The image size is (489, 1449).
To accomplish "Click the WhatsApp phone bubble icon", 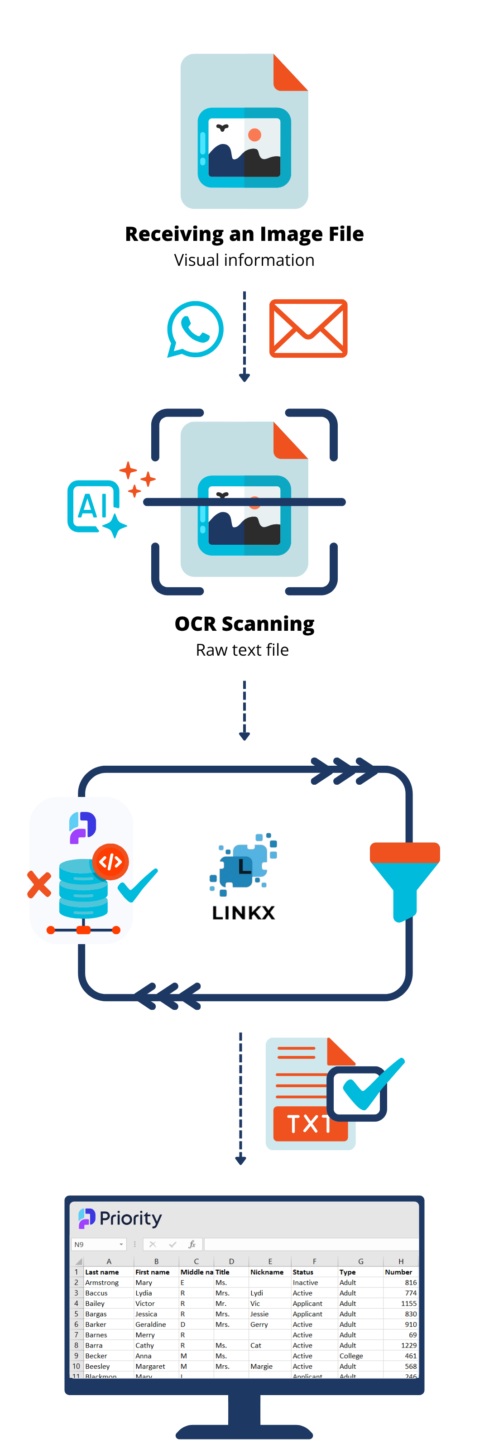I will pyautogui.click(x=195, y=329).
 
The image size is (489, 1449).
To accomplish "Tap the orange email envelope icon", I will pyautogui.click(x=308, y=328).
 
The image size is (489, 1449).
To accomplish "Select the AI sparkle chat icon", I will pyautogui.click(x=96, y=506).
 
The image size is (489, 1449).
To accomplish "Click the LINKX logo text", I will pyautogui.click(x=244, y=912).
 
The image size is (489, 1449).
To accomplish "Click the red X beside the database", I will pyautogui.click(x=39, y=884).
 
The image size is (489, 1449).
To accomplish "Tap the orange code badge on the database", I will pyautogui.click(x=110, y=861).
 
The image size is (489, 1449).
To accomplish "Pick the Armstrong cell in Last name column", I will pyautogui.click(x=102, y=1282).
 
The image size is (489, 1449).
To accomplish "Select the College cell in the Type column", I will pyautogui.click(x=351, y=1356).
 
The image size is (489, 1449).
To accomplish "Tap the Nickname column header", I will pyautogui.click(x=267, y=1272).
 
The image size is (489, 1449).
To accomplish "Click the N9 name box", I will pyautogui.click(x=96, y=1244).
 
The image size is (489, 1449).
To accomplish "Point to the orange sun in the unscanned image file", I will pyautogui.click(x=254, y=135).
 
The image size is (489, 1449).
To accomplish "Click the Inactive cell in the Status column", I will pyautogui.click(x=305, y=1282).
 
